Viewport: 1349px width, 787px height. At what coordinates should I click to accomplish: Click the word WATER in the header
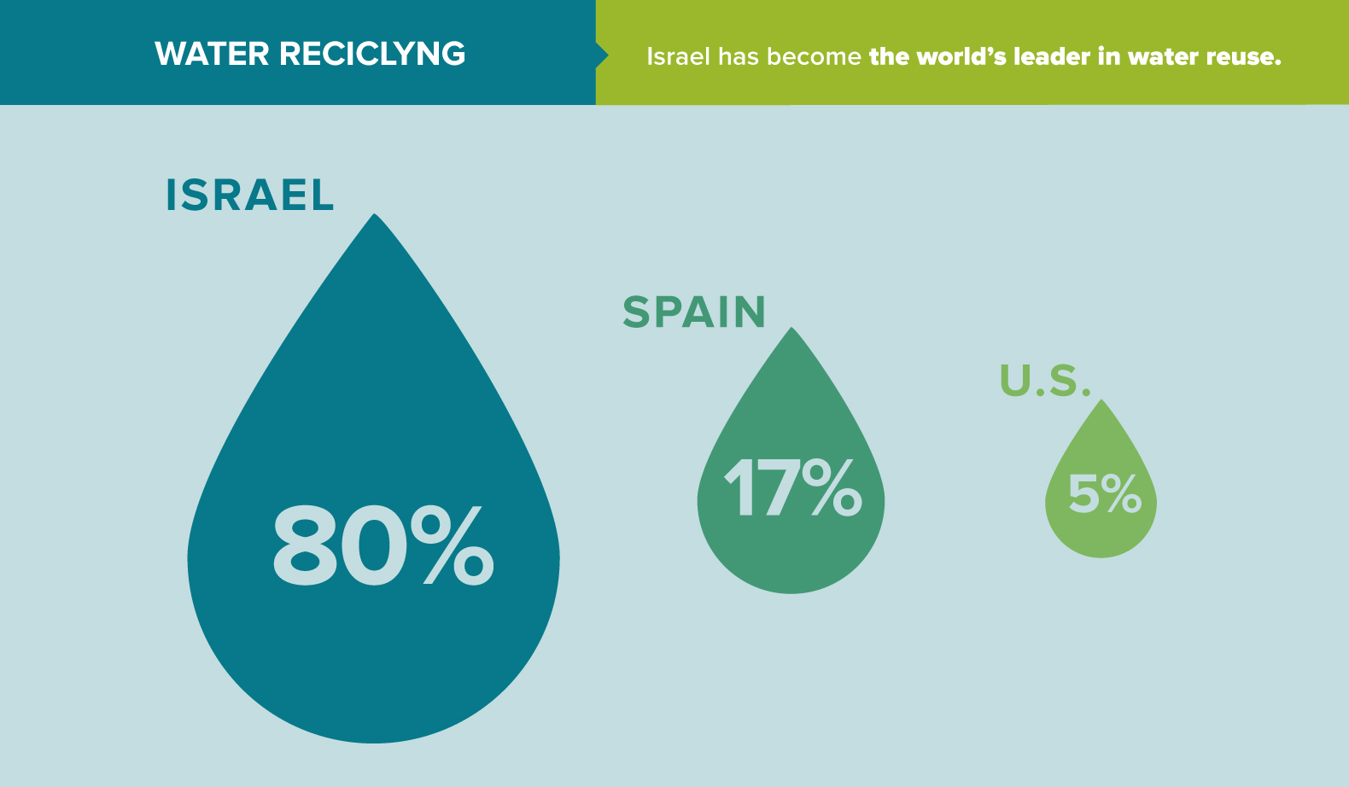212,54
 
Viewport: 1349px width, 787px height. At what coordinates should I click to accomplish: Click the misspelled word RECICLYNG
372,54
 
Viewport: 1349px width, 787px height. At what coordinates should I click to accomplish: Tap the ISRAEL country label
249,195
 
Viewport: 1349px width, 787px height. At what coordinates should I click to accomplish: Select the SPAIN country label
694,312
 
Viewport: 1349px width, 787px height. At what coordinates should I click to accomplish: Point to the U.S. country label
1045,381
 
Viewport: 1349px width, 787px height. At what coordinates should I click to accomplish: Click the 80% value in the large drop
383,545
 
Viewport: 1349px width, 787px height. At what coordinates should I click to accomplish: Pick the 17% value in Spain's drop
792,487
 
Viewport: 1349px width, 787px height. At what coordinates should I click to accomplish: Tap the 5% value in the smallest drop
1104,494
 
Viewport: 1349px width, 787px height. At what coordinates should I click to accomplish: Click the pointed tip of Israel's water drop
374,217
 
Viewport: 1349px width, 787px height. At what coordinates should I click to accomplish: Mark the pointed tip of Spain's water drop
792,330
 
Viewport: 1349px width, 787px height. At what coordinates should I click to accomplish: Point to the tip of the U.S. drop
1101,402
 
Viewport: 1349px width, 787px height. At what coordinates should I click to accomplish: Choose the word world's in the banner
961,57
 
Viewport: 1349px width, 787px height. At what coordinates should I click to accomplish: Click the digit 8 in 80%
304,545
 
